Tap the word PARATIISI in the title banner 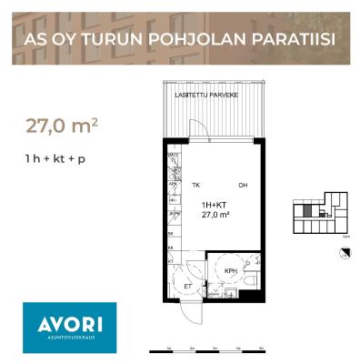click(x=288, y=40)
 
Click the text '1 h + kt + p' click(x=61, y=160)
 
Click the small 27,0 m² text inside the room click(x=215, y=216)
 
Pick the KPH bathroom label click(x=231, y=270)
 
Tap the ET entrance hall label click(x=188, y=286)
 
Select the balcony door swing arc click(x=206, y=129)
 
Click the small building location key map click(x=317, y=213)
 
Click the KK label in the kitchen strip click(x=171, y=247)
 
